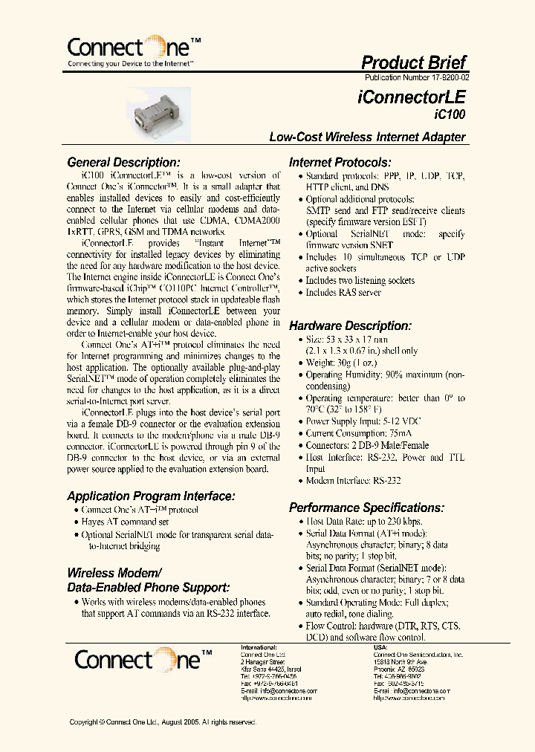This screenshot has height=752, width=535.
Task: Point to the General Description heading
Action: point(123,162)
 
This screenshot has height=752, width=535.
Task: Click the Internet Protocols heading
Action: point(340,162)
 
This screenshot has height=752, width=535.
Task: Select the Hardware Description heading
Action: point(349,325)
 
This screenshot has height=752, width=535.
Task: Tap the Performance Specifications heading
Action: point(366,508)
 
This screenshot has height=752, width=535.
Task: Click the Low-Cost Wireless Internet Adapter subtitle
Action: point(367,137)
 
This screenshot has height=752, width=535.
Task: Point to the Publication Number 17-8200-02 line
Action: point(417,77)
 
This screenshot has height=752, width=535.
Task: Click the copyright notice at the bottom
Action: point(163,722)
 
